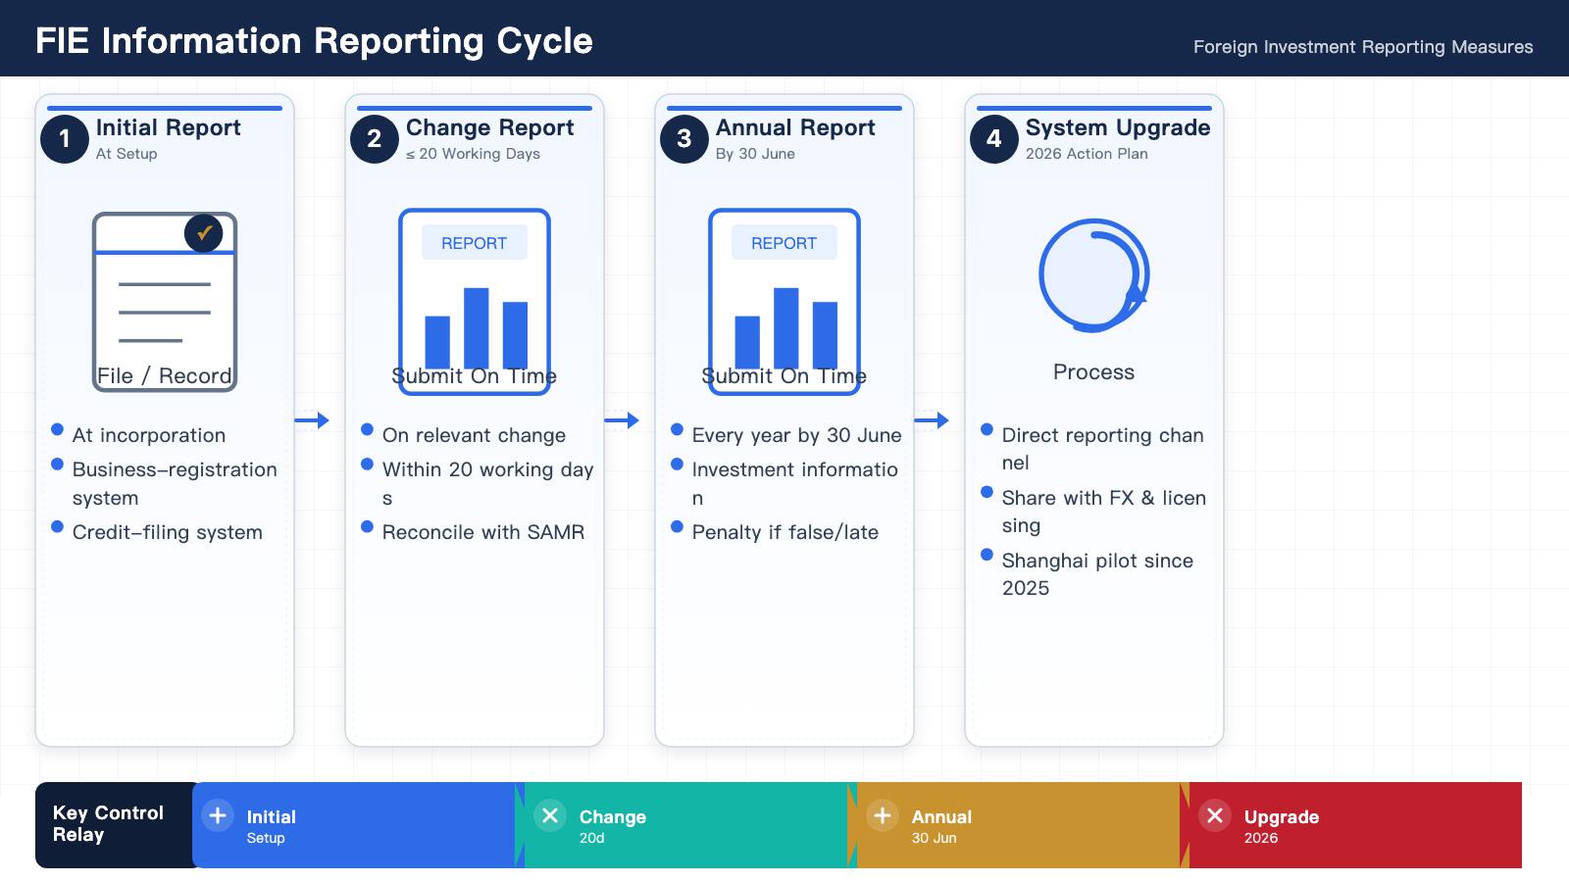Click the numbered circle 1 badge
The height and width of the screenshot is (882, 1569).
click(x=65, y=138)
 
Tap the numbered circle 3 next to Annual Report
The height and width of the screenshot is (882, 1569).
click(x=684, y=138)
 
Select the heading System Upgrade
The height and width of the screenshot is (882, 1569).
click(x=1118, y=127)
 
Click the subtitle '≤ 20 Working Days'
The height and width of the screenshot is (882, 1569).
click(x=473, y=154)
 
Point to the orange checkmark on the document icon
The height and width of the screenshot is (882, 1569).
click(x=205, y=231)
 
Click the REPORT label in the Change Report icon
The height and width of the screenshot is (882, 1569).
click(x=475, y=243)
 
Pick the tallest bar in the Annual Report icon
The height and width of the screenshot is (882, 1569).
click(x=785, y=327)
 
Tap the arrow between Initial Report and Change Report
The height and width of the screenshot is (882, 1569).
click(x=312, y=420)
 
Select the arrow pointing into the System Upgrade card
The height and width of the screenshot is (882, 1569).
click(x=932, y=420)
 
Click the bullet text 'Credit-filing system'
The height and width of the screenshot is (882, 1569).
click(x=168, y=532)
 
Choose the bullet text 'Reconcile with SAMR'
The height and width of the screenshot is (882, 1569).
click(x=483, y=532)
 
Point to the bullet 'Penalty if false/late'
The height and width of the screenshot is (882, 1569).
click(x=785, y=532)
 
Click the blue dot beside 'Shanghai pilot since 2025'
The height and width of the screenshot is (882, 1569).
click(x=987, y=555)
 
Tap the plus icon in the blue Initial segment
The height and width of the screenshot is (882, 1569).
click(x=218, y=815)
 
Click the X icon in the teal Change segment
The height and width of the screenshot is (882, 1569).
click(x=550, y=815)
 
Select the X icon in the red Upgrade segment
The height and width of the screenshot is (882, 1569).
click(x=1215, y=815)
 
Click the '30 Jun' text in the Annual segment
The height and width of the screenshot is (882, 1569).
click(x=934, y=838)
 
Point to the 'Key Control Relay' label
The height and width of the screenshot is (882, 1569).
click(x=108, y=824)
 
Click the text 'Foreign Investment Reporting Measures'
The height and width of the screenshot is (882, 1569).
click(x=1363, y=47)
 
